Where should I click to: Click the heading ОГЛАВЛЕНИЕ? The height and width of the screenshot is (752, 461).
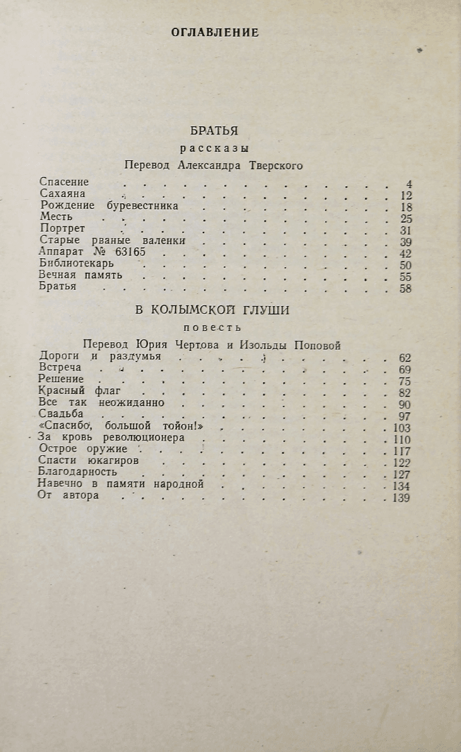point(215,33)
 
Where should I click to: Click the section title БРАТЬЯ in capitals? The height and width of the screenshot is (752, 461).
point(214,130)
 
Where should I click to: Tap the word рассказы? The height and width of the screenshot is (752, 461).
point(215,148)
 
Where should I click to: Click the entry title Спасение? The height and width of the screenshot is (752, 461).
point(64,182)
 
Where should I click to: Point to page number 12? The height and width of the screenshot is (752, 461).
point(406,196)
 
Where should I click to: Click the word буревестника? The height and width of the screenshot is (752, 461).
point(142,206)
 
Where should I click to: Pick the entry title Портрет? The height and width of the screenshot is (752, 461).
point(62,230)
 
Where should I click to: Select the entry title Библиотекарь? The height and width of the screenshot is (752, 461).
point(76,264)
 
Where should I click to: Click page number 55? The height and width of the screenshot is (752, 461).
point(406,277)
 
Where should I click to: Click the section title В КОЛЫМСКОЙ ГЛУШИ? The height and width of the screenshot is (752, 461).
point(212,310)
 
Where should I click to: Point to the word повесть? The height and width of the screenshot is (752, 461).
point(212,327)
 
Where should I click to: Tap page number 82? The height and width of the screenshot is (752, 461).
point(405,393)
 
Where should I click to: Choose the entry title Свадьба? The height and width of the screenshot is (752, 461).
point(61,415)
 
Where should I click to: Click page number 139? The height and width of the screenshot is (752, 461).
point(401,498)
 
